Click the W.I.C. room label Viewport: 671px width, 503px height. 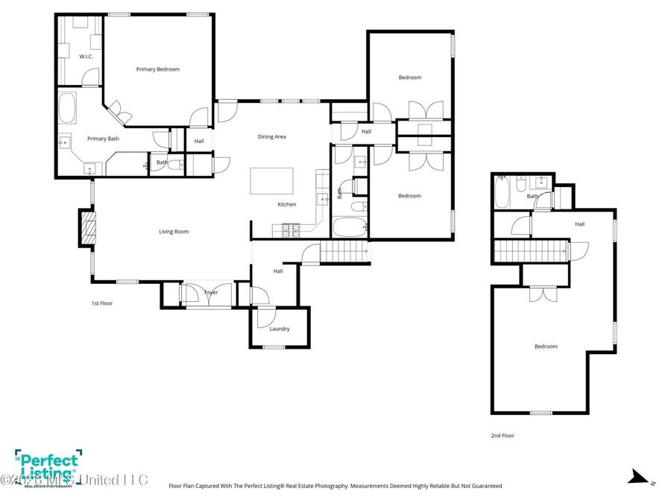85,57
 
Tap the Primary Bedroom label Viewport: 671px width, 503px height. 157,69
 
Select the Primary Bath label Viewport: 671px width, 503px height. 103,139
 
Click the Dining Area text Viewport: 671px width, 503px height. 271,137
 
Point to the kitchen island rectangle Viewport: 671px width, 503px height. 271,181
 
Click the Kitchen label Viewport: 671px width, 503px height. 286,204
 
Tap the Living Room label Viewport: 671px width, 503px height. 173,232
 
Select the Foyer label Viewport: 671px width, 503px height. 212,293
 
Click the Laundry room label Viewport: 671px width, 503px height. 280,329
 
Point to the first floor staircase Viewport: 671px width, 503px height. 345,253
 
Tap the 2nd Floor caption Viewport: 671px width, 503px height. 502,436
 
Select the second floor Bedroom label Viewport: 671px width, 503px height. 545,347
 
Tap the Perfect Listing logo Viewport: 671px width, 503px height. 48,467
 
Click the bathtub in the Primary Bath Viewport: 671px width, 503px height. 67,108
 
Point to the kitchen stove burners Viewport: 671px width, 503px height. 289,231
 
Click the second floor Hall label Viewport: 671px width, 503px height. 579,224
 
